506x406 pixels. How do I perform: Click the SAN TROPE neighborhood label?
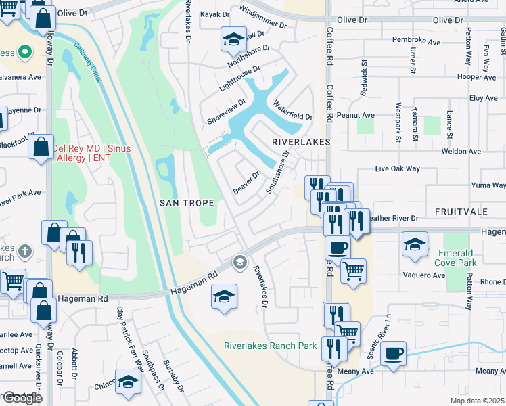click(x=187, y=202)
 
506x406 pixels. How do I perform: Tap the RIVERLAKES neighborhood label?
click(x=300, y=142)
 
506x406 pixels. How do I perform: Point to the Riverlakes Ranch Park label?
click(x=271, y=346)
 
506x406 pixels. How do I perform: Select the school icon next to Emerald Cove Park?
click(x=415, y=244)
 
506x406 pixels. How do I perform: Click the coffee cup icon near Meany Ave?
click(x=393, y=354)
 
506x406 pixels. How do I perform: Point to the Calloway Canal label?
click(x=91, y=68)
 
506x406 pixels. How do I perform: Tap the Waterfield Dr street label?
click(x=292, y=111)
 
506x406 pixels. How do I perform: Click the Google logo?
click(x=22, y=398)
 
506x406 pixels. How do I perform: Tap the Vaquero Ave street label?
click(x=425, y=275)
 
